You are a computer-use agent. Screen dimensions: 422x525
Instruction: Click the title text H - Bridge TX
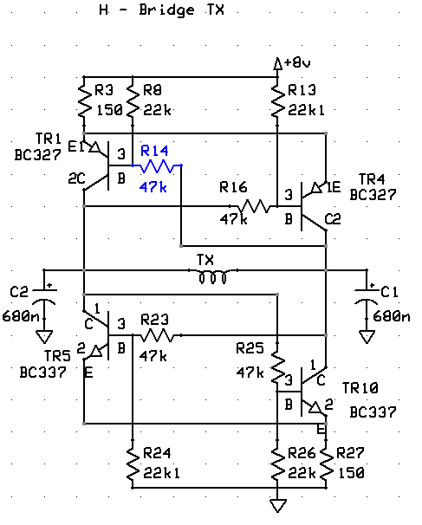click(162, 10)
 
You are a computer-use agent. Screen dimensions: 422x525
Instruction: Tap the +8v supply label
click(297, 62)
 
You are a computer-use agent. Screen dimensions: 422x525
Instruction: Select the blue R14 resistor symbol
click(157, 165)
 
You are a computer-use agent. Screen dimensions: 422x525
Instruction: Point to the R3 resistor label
click(104, 90)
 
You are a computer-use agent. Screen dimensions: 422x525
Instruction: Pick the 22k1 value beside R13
click(307, 110)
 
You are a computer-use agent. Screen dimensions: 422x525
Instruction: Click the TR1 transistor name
click(49, 139)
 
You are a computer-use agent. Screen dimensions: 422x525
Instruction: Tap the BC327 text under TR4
click(373, 195)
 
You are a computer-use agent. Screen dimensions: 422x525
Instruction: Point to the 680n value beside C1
click(392, 315)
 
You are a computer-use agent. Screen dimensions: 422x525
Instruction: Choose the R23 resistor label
click(155, 320)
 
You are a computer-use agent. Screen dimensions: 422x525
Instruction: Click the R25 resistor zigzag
click(277, 367)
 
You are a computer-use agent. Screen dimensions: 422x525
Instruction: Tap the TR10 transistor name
click(360, 388)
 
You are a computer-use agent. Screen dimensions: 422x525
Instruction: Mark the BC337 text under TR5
click(42, 373)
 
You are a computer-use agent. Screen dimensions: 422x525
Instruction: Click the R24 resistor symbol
click(133, 463)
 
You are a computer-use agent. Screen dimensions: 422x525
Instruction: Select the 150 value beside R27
click(351, 473)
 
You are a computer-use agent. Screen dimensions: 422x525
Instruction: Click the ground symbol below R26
click(277, 505)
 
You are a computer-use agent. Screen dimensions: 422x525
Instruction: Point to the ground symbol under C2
click(44, 336)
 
